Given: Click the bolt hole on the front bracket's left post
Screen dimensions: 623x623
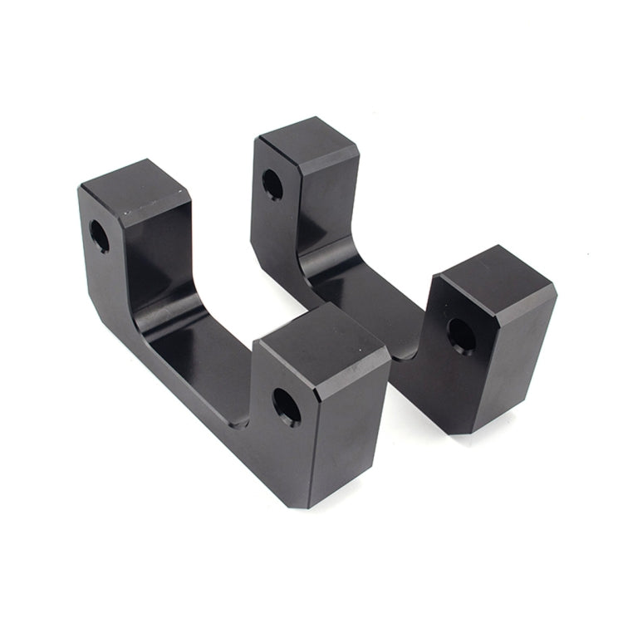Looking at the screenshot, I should point(99,236).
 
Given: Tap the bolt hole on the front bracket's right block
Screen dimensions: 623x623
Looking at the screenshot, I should point(287,406).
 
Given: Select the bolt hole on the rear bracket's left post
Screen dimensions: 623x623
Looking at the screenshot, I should point(272,184).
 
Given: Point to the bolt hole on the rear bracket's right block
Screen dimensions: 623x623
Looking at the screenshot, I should point(461,335).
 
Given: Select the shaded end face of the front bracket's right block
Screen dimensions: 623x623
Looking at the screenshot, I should point(349,432).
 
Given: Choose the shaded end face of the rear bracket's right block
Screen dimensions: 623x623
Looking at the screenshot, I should point(515,357).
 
